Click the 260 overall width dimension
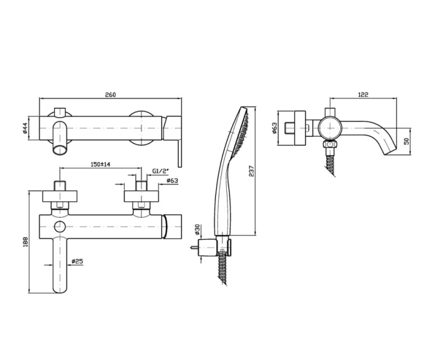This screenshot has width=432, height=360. (x=111, y=95)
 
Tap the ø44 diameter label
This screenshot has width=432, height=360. (x=25, y=129)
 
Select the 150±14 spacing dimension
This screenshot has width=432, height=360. (x=100, y=164)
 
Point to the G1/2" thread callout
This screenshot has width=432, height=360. (x=160, y=171)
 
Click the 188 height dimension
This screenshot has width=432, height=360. (x=25, y=242)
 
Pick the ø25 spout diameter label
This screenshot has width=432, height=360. (x=77, y=261)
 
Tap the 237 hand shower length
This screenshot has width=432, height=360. (x=252, y=171)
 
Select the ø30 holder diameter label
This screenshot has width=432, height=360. (x=197, y=230)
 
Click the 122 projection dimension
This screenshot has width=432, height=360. (x=363, y=95)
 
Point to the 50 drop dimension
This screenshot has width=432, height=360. (x=407, y=141)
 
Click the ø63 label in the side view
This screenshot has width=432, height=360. (x=275, y=128)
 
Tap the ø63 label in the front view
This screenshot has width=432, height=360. (x=172, y=181)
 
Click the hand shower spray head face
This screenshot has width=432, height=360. (x=241, y=132)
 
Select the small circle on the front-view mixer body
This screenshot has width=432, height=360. (x=59, y=226)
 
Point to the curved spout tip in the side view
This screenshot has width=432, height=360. (x=390, y=151)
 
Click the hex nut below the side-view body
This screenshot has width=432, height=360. (x=330, y=144)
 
